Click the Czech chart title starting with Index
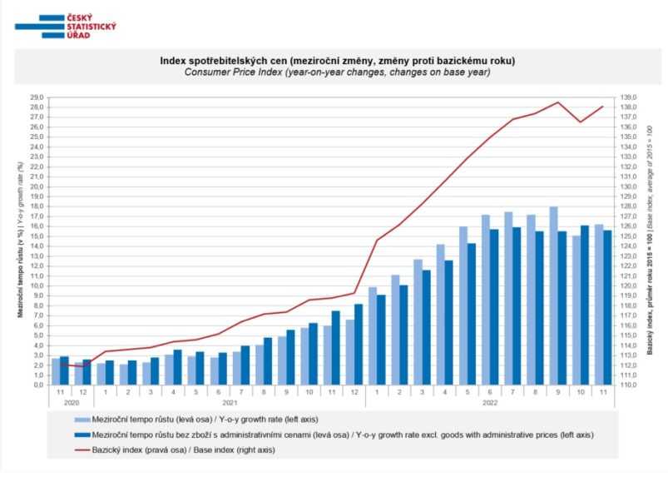(337, 61)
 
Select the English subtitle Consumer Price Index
(337, 72)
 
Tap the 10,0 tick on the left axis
(37, 286)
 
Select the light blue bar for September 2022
(553, 296)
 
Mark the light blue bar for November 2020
(56, 371)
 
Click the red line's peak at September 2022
(557, 102)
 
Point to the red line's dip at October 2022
(581, 122)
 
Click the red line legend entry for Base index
(191, 450)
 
